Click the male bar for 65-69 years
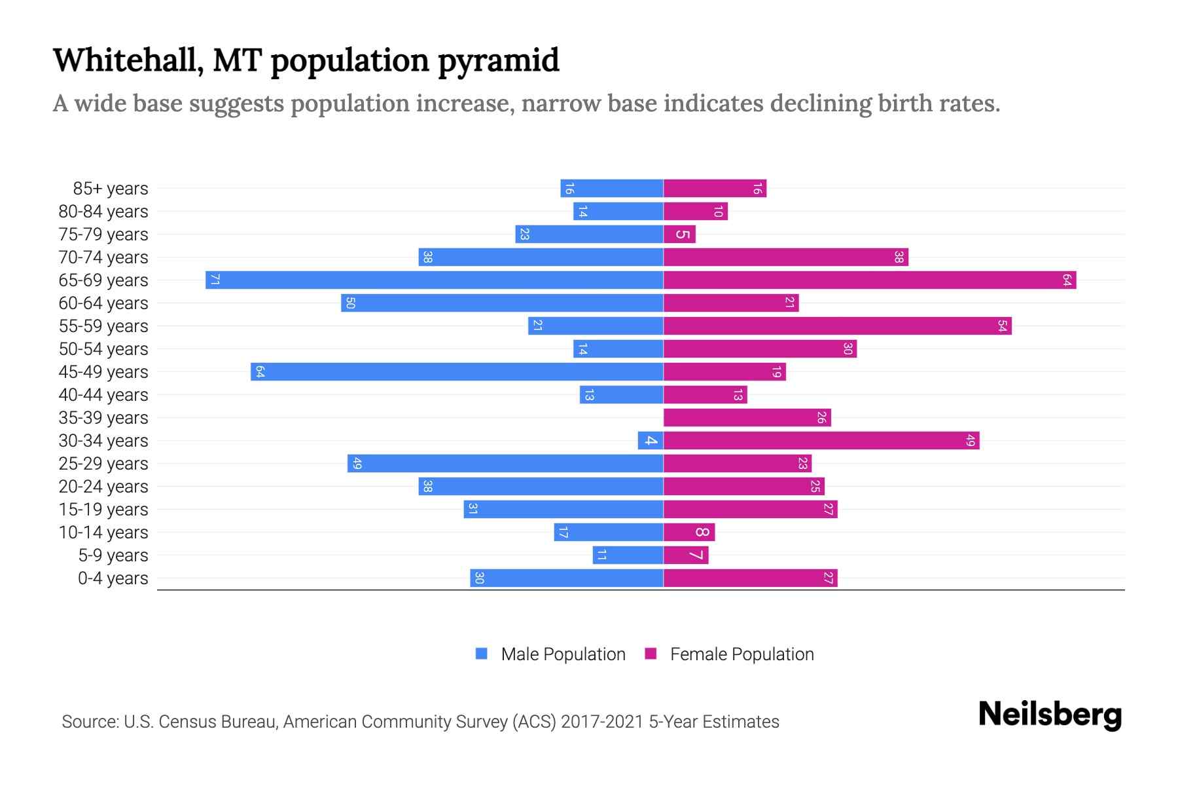(x=435, y=280)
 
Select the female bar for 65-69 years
(x=870, y=280)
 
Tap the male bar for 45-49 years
(x=457, y=372)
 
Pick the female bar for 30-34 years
(x=821, y=441)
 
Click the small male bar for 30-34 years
(x=651, y=441)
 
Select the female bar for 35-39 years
(x=747, y=418)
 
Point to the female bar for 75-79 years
(x=679, y=234)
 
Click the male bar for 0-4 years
(x=567, y=578)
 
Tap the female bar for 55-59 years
(x=837, y=326)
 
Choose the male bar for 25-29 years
(x=505, y=464)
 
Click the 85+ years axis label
(x=111, y=189)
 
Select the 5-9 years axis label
(x=113, y=555)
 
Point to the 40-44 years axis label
(x=103, y=395)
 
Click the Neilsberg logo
(x=1050, y=715)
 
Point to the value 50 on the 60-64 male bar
(x=350, y=303)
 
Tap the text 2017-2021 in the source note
(x=602, y=722)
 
